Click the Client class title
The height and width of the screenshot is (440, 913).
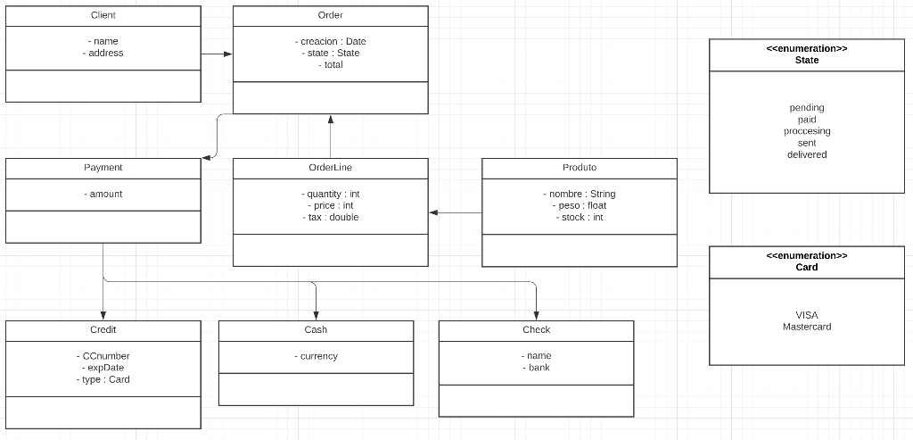[103, 15]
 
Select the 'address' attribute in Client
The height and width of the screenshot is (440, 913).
[103, 54]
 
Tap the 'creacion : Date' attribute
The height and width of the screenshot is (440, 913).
[331, 42]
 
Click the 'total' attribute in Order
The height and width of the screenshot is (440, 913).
[331, 65]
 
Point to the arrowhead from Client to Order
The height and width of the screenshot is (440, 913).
[227, 54]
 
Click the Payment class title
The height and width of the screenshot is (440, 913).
[103, 168]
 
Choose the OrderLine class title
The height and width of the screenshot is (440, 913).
[330, 168]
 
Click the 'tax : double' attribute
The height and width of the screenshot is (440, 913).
[331, 218]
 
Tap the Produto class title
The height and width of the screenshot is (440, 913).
[580, 168]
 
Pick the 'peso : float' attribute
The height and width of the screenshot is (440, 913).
[580, 206]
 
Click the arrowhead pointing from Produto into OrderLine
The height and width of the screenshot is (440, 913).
[434, 212]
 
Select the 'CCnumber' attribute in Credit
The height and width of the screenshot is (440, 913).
[103, 356]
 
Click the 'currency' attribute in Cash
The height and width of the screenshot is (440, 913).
[317, 356]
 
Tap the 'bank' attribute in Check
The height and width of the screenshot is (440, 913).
[537, 368]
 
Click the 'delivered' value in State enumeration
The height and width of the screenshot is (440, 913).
[807, 155]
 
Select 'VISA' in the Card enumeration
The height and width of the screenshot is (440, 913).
[807, 315]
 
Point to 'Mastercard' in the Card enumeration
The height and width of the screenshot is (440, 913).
[807, 328]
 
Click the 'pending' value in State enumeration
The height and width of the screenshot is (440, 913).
[807, 108]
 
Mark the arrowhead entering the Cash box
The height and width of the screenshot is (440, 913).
[317, 315]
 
